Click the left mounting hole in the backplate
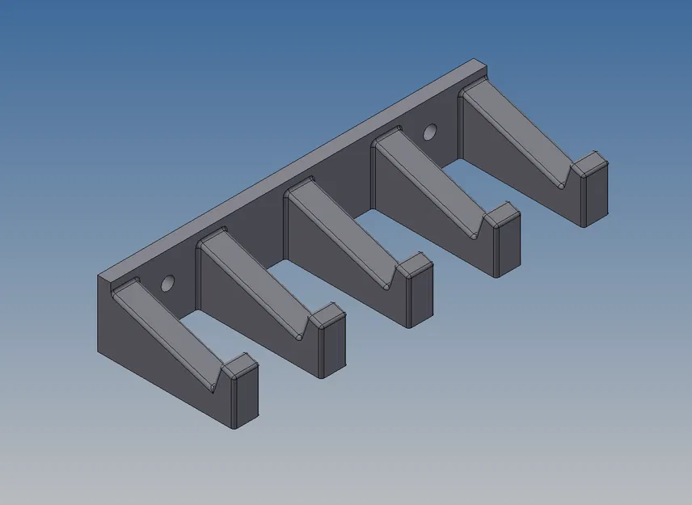168,284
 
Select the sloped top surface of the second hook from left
255,283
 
